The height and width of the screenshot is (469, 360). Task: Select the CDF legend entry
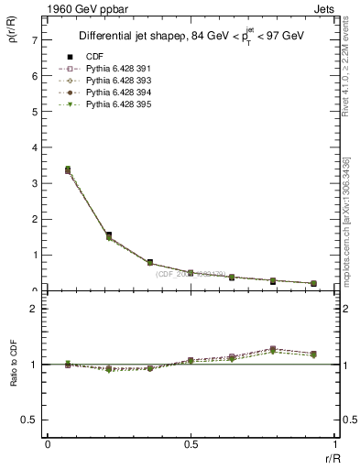coord(97,57)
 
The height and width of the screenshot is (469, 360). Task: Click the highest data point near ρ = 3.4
coord(68,169)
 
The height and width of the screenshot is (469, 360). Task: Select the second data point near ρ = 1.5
coord(109,235)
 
